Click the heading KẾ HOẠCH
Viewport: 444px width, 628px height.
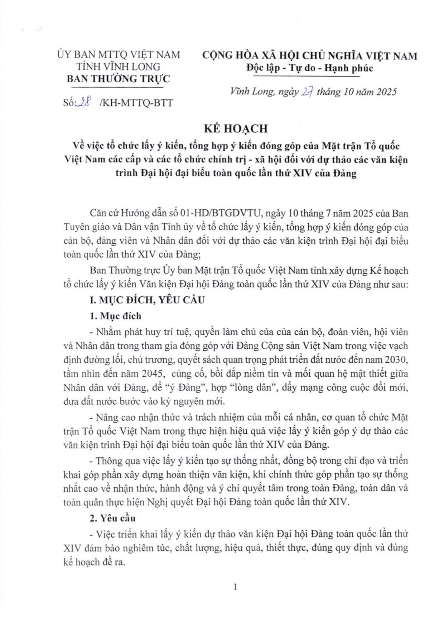(x=235, y=129)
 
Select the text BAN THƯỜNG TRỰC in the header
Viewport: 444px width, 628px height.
(x=119, y=79)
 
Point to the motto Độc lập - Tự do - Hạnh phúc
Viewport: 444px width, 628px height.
(x=310, y=68)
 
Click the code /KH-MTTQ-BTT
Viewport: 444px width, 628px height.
(x=136, y=103)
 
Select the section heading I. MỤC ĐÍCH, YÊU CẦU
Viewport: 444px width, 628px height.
(x=147, y=300)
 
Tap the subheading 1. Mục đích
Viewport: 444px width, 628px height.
(x=115, y=316)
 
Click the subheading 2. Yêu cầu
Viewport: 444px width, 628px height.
(x=112, y=518)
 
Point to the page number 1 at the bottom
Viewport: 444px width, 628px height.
(x=235, y=587)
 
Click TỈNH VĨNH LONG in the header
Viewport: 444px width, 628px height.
(x=119, y=67)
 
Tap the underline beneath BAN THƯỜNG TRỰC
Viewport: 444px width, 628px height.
(x=119, y=87)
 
